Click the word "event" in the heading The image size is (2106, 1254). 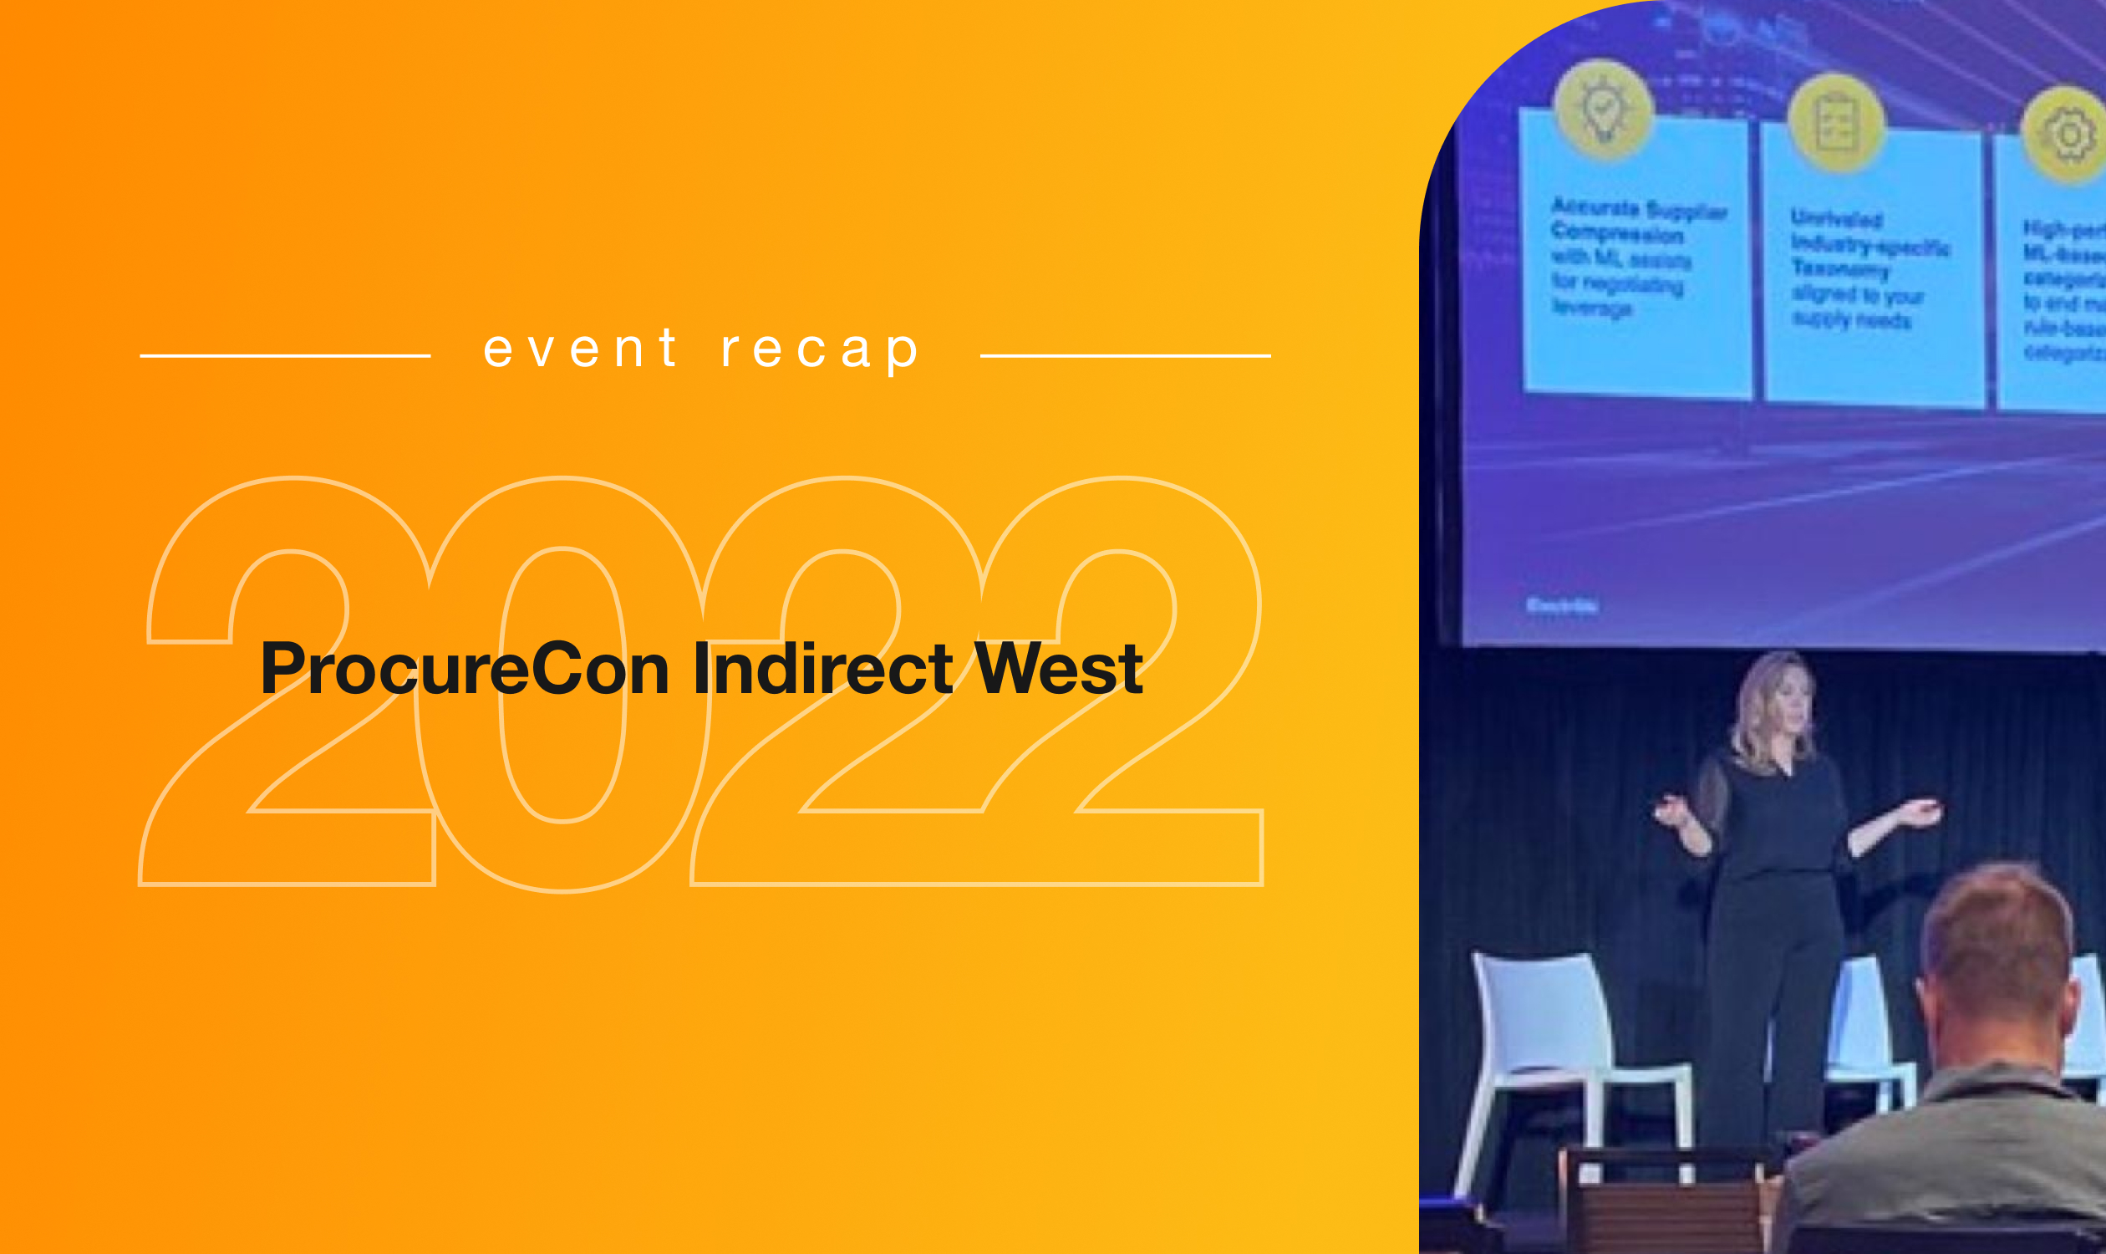click(x=579, y=348)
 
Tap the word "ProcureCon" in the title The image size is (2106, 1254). click(x=465, y=669)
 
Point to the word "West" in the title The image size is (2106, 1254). click(x=1058, y=669)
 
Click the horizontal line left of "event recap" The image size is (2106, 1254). click(x=285, y=356)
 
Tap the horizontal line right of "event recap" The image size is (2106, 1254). click(x=1124, y=356)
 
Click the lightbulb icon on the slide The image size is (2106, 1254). click(x=1603, y=110)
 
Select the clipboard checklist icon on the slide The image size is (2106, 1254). click(x=1836, y=124)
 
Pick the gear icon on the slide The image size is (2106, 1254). click(x=2068, y=135)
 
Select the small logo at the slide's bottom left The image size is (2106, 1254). click(x=1561, y=606)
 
